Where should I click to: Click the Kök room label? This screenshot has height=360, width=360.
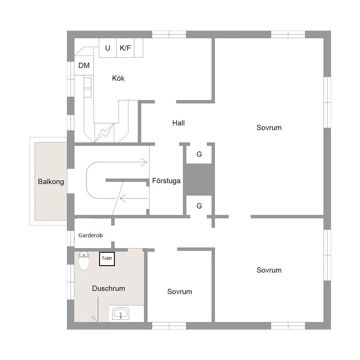click(118, 78)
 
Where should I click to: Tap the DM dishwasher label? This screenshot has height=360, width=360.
click(84, 66)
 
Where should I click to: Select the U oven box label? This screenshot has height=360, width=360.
click(107, 48)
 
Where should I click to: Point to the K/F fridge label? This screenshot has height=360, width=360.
click(125, 48)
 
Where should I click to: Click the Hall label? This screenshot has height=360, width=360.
click(178, 123)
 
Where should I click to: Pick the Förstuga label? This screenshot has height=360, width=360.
click(166, 181)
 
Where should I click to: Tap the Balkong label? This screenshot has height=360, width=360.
click(51, 181)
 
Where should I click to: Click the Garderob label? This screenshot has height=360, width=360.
click(90, 235)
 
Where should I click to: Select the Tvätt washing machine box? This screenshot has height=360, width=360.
click(107, 259)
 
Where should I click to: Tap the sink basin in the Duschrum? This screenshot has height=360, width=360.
click(121, 314)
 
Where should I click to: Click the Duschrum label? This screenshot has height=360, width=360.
click(109, 288)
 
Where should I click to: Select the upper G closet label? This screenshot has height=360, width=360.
click(199, 154)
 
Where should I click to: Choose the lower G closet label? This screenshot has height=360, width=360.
click(199, 206)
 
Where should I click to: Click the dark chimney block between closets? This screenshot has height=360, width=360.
click(199, 179)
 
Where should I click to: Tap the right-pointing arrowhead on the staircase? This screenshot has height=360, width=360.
click(144, 162)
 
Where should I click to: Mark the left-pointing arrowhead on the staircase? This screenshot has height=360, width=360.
click(123, 198)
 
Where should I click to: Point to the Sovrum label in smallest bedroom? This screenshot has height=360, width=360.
click(179, 292)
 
